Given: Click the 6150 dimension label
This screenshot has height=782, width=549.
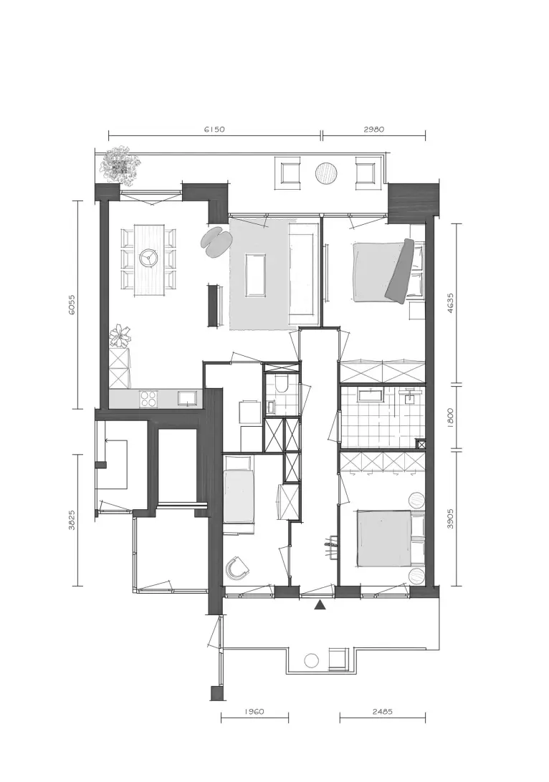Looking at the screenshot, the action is point(214,130).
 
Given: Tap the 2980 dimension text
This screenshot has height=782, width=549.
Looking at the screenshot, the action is point(374,130).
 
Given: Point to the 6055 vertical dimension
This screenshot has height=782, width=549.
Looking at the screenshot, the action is point(72,305).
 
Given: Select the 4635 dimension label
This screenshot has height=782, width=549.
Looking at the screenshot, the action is point(450,302).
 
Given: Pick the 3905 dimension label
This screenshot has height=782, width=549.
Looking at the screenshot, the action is point(450,518).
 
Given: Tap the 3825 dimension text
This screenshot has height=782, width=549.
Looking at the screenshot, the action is point(72,519).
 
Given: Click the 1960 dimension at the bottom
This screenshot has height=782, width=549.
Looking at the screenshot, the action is point(254,712).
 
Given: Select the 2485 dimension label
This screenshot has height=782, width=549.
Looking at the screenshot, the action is point(382,712).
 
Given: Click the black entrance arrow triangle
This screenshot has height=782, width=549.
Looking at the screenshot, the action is point(320,605).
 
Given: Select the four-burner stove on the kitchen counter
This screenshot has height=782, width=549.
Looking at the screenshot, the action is point(148,398).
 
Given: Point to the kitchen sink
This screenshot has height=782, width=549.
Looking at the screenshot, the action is point(187,398).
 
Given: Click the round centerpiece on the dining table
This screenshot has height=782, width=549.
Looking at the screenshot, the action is point(148,258).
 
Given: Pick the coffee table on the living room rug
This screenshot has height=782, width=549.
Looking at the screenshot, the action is point(256,275).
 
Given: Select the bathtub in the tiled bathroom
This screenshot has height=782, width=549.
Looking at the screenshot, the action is point(370,396).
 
